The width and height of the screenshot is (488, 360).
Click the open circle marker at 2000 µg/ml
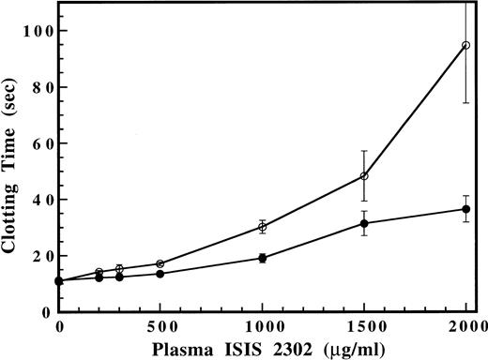466,45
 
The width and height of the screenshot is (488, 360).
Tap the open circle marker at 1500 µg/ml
364,176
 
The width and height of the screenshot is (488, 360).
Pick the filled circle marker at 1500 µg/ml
364,223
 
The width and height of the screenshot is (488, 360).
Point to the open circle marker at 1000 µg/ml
263,227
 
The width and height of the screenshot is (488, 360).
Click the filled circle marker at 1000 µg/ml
263,258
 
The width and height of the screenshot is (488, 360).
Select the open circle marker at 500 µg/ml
160,263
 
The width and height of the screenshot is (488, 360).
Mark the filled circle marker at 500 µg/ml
160,274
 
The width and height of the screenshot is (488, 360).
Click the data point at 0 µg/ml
59,280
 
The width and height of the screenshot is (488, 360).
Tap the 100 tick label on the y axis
35,31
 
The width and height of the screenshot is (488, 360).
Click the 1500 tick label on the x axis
364,325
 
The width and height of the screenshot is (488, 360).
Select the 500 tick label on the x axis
160,325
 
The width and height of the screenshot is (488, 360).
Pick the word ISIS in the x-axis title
235,347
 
